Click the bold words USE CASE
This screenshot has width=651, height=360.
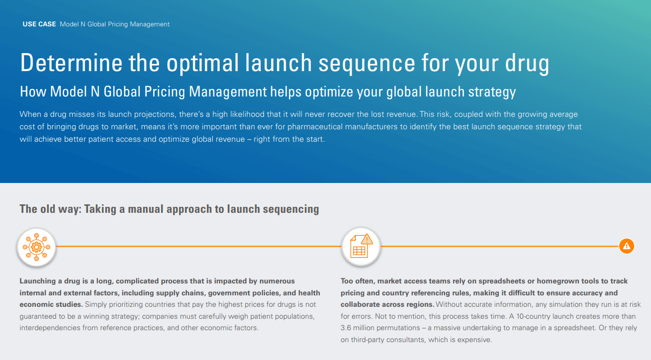pos(39,24)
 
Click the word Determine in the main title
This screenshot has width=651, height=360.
pos(72,63)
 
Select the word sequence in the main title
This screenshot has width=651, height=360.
pos(367,65)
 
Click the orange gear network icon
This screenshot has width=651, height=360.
pos(37,247)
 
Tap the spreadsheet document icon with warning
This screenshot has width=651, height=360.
pos(361,246)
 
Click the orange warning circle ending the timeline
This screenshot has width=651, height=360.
pos(626,247)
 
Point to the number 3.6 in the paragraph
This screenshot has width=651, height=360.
pos(346,328)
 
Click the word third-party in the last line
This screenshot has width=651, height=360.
pos(368,340)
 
